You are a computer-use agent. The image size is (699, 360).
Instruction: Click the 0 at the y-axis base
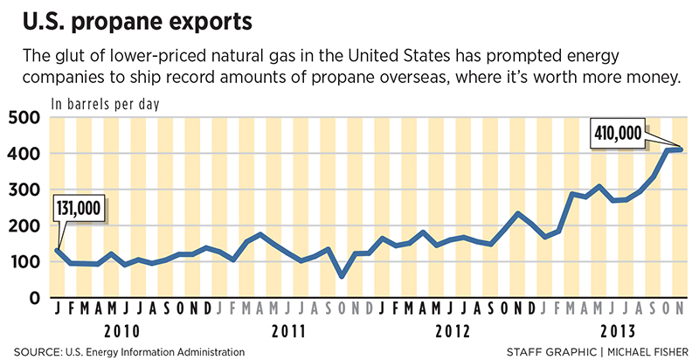pos(35,297)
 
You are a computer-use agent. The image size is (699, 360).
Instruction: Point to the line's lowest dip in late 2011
pos(342,276)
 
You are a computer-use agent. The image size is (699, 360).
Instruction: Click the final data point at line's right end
pos(680,150)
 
